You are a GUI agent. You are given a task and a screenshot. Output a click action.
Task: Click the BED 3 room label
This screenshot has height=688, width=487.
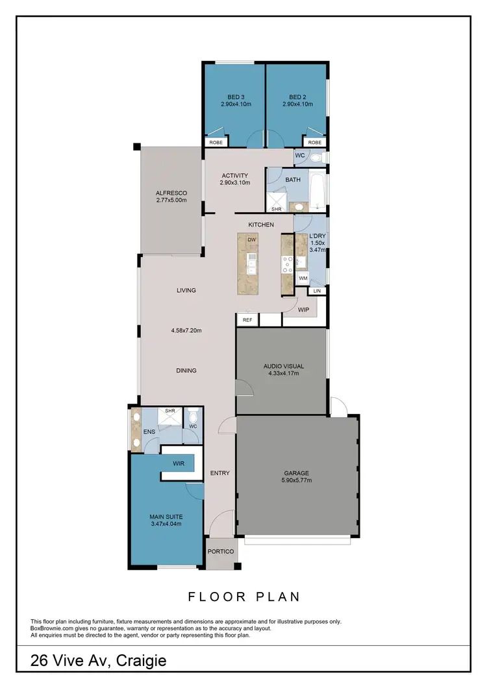pos(235,96)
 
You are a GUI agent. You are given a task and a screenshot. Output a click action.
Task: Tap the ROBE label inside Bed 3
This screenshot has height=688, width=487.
pos(215,142)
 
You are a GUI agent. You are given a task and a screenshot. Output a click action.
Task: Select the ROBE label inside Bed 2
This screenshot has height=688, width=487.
pos(315,142)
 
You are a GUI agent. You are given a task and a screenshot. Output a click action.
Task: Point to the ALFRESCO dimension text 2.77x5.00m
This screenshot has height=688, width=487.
pos(171,201)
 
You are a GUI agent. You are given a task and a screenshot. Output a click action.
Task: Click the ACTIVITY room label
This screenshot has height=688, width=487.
pos(234,175)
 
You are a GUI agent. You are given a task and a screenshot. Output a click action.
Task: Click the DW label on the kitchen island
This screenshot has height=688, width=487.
pos(251,240)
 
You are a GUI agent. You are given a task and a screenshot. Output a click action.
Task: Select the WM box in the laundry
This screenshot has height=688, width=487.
pos(303,278)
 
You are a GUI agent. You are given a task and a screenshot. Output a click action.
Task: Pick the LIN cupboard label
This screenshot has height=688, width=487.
pos(316,291)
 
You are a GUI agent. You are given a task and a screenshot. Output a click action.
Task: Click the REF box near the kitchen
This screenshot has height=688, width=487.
pos(247,320)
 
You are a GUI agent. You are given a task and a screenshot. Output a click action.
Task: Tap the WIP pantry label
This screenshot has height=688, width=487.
pos(303,310)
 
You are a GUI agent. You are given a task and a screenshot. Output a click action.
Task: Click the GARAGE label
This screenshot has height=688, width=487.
pos(296,473)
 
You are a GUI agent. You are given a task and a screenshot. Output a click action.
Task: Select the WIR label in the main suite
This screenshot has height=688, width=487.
pos(179,463)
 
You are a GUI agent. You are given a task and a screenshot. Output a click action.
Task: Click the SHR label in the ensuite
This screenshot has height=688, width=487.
pos(170,411)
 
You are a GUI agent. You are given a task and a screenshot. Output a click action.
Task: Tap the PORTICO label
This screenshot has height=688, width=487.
pos(221,552)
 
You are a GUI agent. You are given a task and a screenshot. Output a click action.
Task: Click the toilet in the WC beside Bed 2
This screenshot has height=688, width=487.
pos(316,156)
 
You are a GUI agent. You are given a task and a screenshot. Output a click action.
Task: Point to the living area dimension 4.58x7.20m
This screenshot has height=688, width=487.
pos(186,330)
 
